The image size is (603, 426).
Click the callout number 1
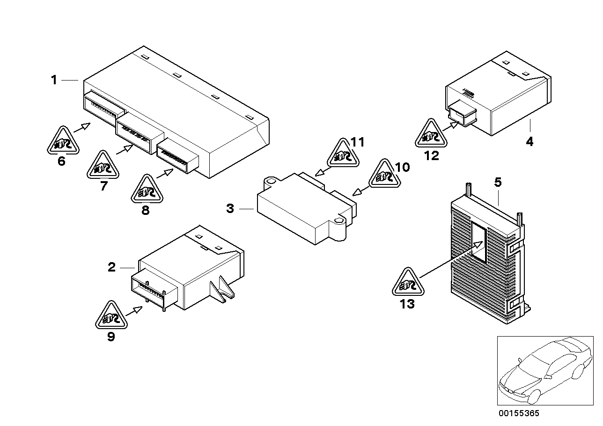click(x=54, y=81)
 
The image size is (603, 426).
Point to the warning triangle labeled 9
click(x=111, y=317)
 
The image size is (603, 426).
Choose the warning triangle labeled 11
click(x=344, y=154)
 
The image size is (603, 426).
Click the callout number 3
click(x=230, y=209)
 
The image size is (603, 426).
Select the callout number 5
click(x=498, y=182)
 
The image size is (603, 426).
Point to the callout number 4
click(x=529, y=141)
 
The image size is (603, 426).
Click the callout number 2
click(x=111, y=267)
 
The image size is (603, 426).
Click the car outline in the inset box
click(x=543, y=370)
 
